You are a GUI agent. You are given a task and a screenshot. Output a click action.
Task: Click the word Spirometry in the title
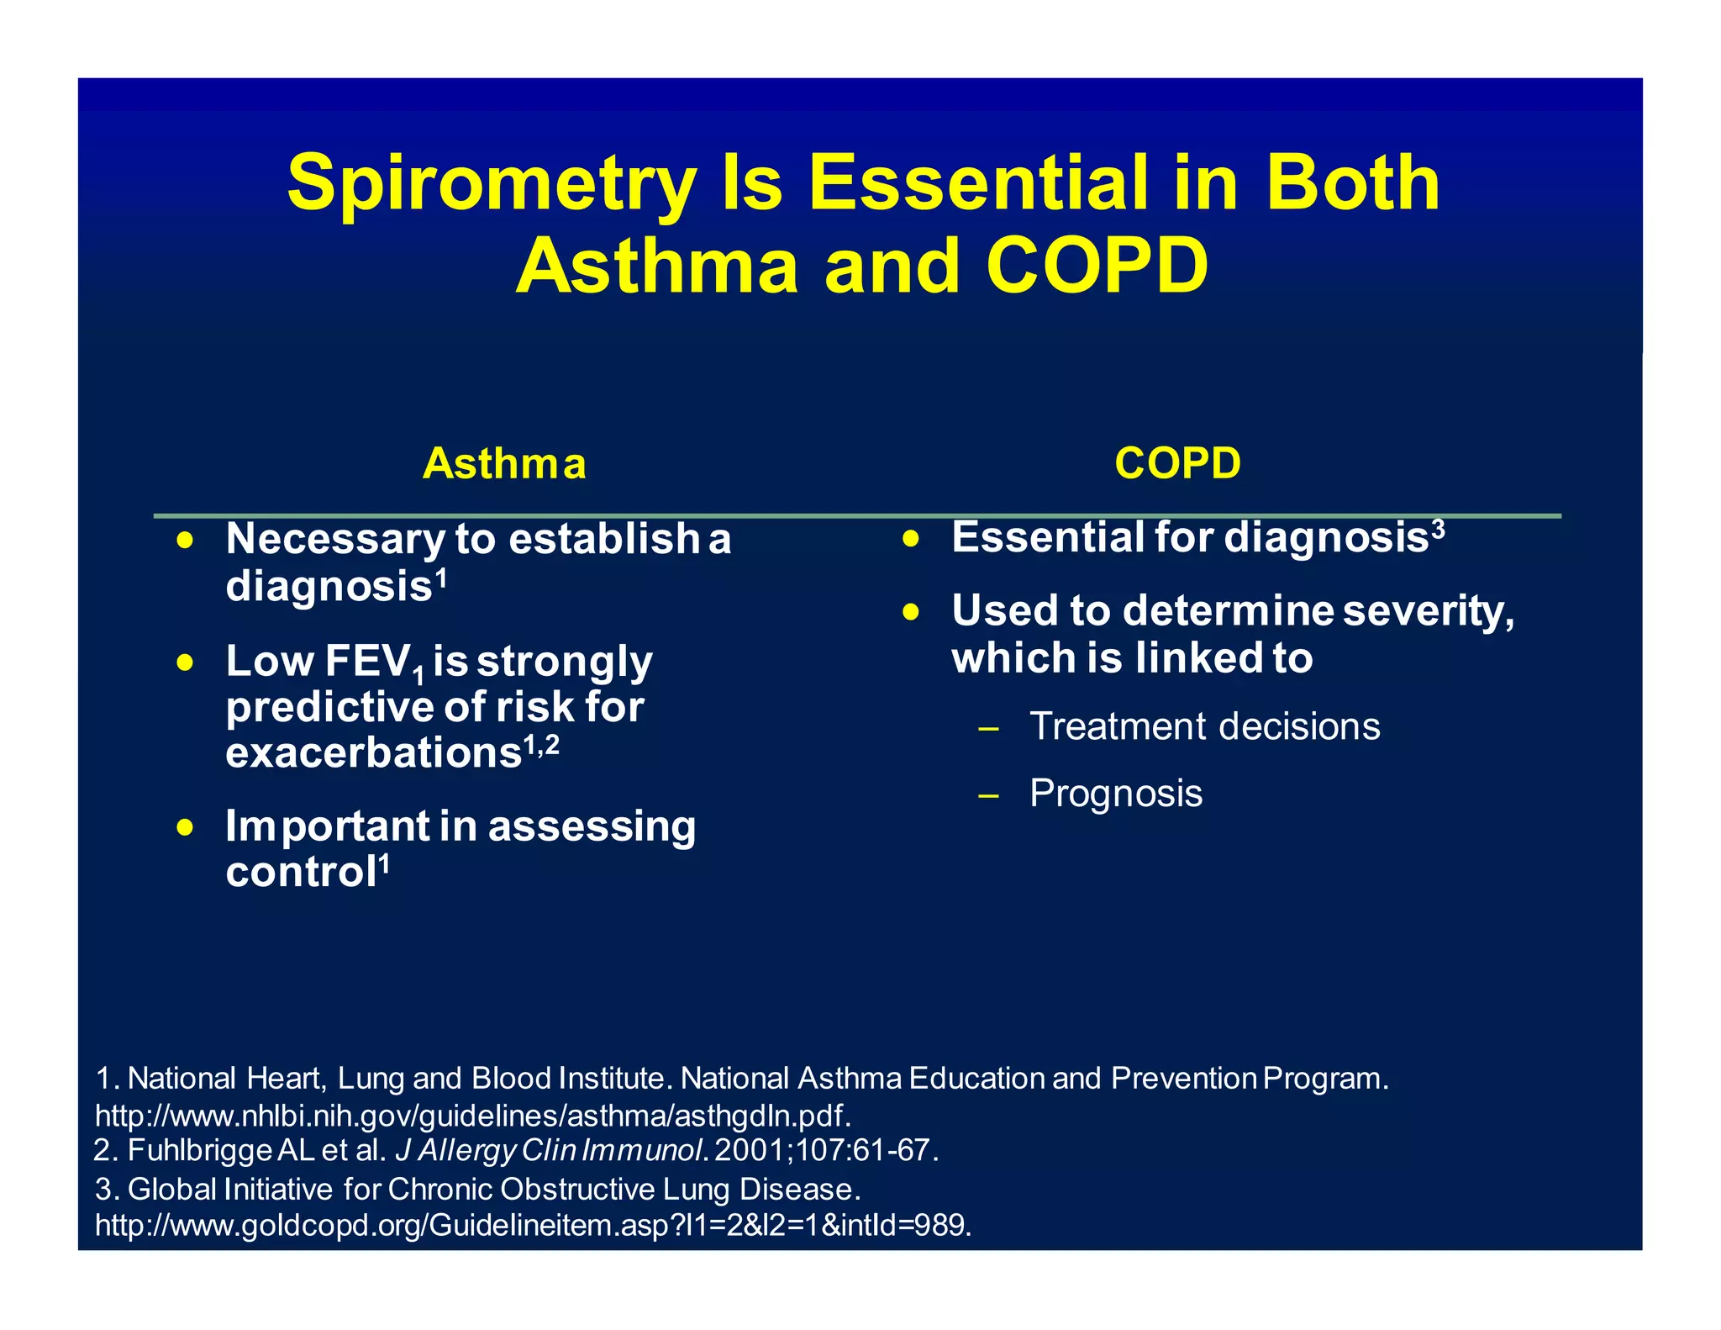(x=492, y=183)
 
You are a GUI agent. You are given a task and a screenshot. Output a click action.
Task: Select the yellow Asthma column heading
(x=504, y=463)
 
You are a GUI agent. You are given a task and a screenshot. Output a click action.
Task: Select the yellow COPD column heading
(x=1177, y=463)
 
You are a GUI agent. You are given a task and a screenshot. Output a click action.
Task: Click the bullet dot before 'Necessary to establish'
(x=186, y=540)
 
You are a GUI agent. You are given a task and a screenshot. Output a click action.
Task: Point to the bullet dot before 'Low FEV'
(x=186, y=663)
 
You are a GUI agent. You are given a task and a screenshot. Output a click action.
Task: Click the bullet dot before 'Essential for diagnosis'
(x=912, y=539)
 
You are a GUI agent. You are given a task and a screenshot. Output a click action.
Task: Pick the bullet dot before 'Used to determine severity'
(x=912, y=612)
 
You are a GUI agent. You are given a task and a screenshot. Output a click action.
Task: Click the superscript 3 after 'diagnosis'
(x=1438, y=528)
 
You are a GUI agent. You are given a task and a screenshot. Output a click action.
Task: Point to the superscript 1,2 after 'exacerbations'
(x=542, y=743)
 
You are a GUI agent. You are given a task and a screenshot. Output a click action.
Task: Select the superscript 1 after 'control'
(x=384, y=863)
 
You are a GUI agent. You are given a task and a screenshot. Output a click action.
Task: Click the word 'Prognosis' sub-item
(x=1116, y=793)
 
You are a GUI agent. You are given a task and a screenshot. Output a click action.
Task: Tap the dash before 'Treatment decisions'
(x=988, y=728)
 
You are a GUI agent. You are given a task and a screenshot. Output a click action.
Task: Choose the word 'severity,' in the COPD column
(x=1429, y=611)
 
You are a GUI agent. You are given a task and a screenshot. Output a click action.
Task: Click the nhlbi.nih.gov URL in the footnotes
(x=473, y=1116)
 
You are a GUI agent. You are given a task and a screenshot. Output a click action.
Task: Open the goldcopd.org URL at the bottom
(x=533, y=1225)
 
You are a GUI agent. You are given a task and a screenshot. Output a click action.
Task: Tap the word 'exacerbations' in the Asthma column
(x=374, y=752)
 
